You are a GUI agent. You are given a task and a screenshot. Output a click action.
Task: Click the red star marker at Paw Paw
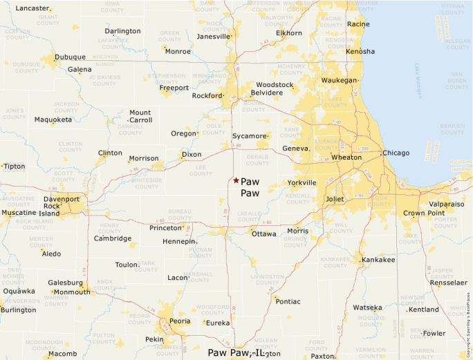236,180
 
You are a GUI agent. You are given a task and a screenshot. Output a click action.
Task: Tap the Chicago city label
396,153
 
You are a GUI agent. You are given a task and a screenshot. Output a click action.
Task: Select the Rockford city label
206,96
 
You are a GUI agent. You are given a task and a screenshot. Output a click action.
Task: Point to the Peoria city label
180,321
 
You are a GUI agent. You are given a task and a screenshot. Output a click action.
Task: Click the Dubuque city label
70,57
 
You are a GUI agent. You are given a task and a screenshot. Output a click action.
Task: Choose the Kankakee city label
378,260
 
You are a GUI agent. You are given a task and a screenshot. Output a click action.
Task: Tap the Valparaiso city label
446,205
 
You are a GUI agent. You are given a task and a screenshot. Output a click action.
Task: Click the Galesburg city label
66,283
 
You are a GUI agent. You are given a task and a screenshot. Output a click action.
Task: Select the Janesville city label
213,37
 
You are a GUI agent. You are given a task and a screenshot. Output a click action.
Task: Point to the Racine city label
358,24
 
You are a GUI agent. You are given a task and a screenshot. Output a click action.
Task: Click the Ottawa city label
264,234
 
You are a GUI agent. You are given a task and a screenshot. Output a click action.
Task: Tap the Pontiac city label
288,301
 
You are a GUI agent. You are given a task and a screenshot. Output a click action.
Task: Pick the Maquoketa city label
53,120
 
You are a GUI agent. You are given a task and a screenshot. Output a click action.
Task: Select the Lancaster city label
33,8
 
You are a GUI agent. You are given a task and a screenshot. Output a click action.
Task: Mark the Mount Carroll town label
140,116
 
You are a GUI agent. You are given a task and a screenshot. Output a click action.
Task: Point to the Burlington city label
18,310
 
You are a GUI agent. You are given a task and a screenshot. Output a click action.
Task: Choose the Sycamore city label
249,136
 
